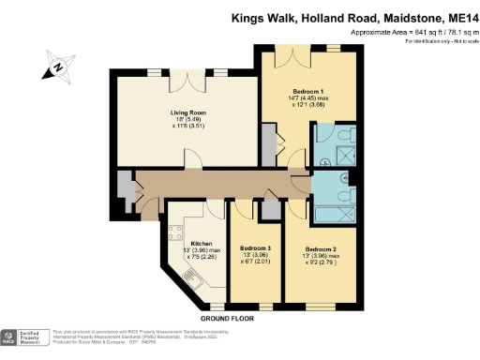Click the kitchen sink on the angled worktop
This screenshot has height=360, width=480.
(193, 278)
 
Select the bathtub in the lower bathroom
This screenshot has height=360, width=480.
(335, 191)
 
